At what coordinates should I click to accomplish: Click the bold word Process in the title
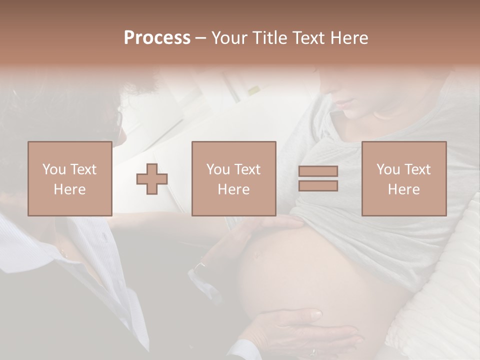click(x=157, y=38)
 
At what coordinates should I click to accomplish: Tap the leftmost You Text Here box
click(x=70, y=179)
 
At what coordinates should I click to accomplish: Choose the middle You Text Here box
click(x=234, y=179)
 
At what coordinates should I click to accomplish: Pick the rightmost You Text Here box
click(x=404, y=179)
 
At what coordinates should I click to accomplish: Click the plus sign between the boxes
click(x=152, y=179)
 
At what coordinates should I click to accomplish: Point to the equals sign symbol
click(x=318, y=178)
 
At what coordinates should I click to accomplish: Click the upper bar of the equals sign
click(x=318, y=171)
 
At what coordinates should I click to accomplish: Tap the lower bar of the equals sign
click(x=318, y=185)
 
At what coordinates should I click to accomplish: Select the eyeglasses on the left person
click(x=119, y=120)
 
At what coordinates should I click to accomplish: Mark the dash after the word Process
click(x=201, y=38)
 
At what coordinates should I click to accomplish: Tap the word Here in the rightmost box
click(x=404, y=189)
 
